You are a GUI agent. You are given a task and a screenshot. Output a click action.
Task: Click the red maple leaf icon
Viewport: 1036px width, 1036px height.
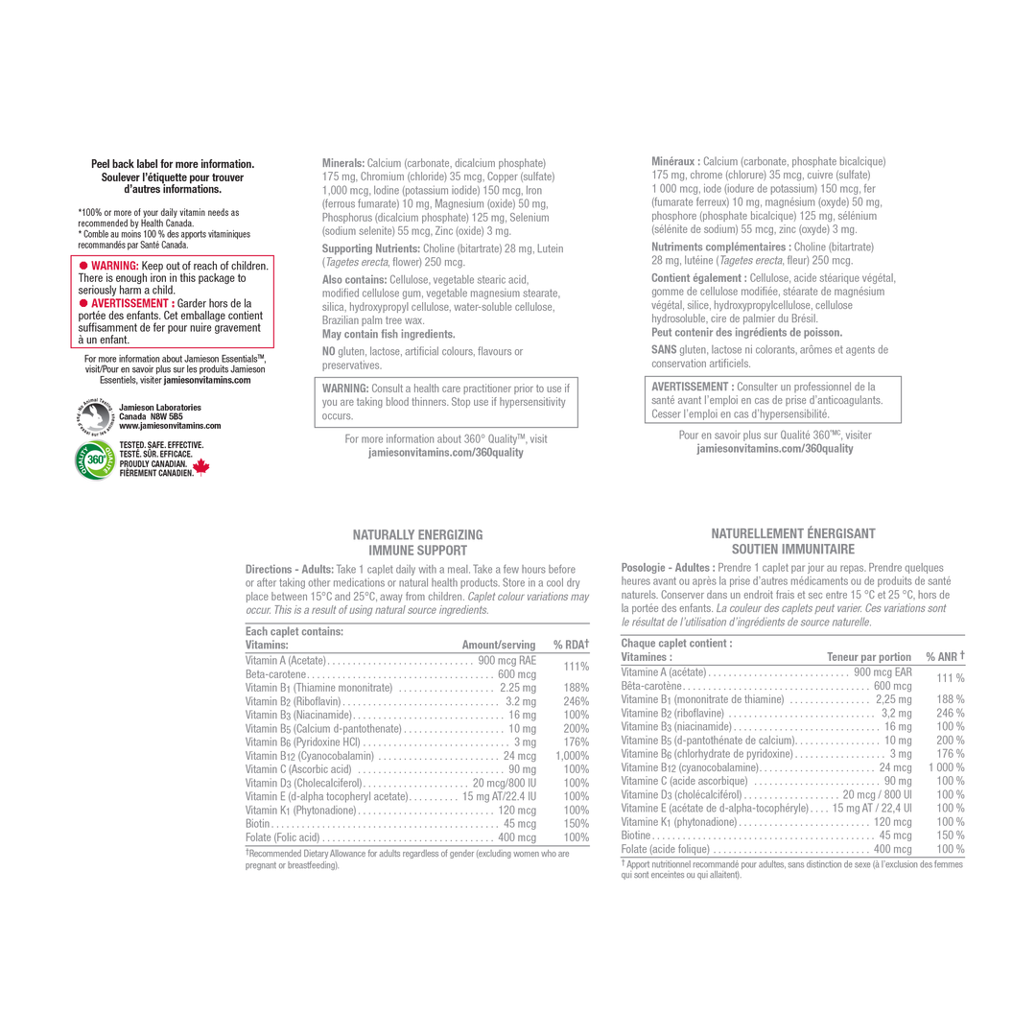coord(200,467)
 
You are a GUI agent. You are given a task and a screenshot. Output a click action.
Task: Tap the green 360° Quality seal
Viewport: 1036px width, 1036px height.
coord(95,459)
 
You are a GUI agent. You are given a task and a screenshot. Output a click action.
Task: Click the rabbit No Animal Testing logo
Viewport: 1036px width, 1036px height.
coord(95,417)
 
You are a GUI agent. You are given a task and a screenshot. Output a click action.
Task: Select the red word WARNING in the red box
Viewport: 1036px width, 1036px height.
coord(114,266)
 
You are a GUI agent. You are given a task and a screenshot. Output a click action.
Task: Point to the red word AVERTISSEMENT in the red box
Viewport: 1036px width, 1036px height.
coord(132,303)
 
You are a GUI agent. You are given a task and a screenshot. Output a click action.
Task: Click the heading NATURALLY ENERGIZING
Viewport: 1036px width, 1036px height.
coord(417,535)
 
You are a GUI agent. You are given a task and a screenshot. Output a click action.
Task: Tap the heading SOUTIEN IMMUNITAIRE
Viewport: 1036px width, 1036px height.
coord(793,549)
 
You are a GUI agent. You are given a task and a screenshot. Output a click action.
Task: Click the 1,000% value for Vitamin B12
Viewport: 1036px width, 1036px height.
coord(572,756)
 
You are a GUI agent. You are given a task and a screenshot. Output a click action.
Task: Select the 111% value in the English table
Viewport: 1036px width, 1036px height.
coord(577,667)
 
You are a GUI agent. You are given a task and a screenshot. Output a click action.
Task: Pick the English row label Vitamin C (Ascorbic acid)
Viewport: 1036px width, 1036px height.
coord(298,769)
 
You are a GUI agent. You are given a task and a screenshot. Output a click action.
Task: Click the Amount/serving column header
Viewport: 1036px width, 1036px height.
coord(499,645)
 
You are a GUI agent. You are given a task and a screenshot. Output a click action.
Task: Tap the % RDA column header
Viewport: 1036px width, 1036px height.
coord(571,645)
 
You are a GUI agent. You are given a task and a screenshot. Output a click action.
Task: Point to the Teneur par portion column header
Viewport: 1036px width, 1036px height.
coord(869,657)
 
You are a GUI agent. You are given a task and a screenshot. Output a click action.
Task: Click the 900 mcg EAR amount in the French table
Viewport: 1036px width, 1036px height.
coord(883,671)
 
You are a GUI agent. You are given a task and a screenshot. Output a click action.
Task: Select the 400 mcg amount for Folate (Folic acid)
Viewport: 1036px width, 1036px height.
coord(517,837)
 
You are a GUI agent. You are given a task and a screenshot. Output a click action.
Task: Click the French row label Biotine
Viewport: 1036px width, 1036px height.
coord(636,836)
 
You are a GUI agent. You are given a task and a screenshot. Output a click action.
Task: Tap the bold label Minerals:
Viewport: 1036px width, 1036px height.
coord(342,163)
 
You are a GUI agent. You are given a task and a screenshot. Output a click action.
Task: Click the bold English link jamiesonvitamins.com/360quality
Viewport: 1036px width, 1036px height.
coord(446,453)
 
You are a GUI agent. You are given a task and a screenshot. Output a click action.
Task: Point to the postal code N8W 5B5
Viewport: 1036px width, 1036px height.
coord(167,417)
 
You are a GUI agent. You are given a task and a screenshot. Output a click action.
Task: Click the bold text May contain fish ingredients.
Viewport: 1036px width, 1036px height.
coord(388,335)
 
